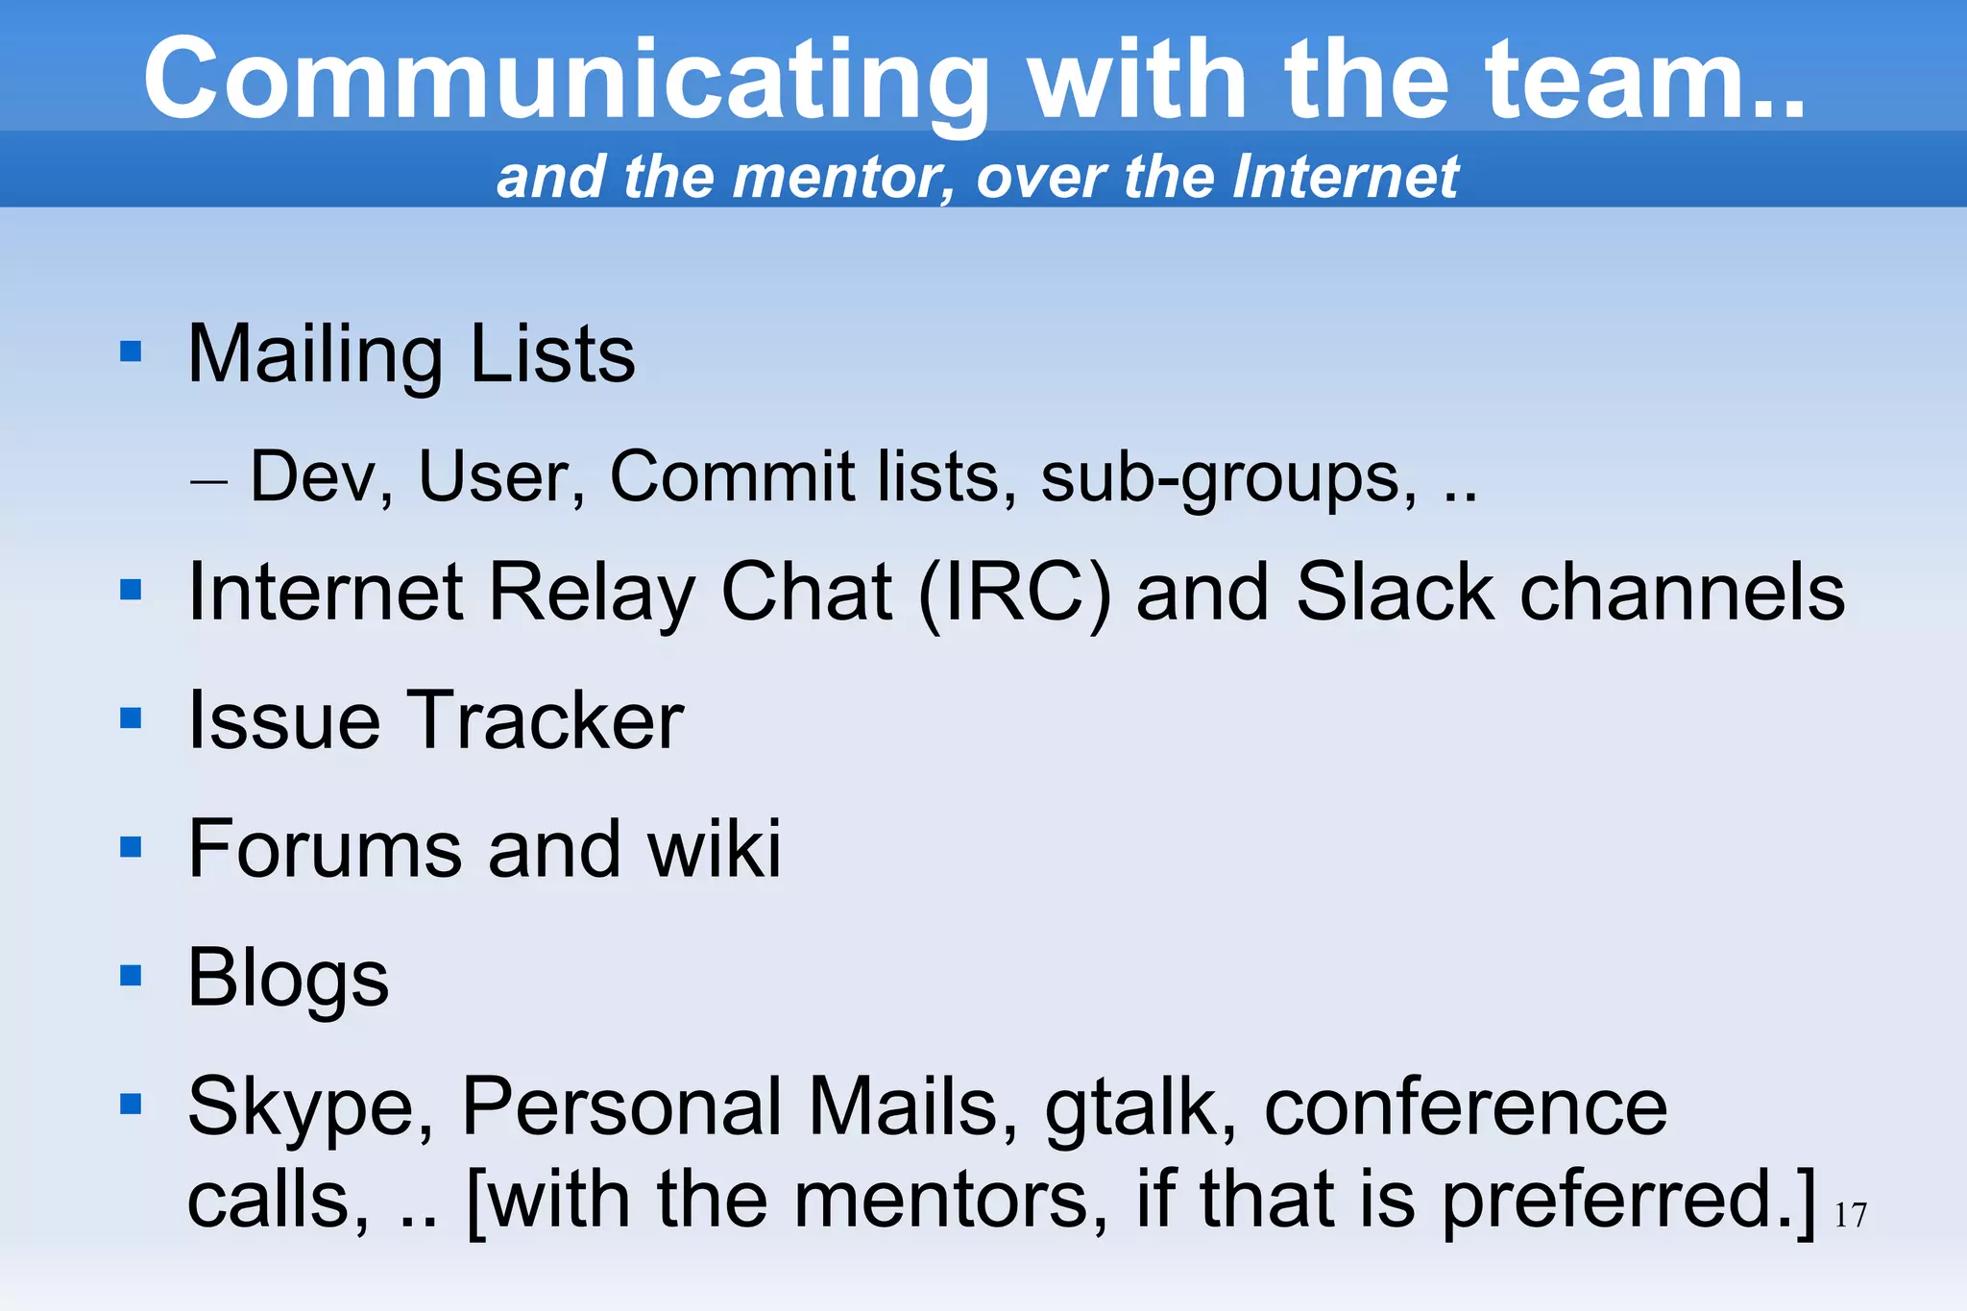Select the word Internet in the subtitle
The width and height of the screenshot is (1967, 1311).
(x=1345, y=177)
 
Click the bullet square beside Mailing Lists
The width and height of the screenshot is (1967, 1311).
(x=131, y=352)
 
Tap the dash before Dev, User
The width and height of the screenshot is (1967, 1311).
(x=208, y=479)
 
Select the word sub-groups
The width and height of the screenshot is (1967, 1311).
(x=1228, y=478)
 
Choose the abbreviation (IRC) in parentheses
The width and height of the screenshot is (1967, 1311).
(x=1014, y=594)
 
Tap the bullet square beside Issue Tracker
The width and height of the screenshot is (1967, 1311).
(x=131, y=718)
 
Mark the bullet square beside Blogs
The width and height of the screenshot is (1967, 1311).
(x=131, y=976)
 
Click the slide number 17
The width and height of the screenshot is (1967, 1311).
(x=1850, y=1216)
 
